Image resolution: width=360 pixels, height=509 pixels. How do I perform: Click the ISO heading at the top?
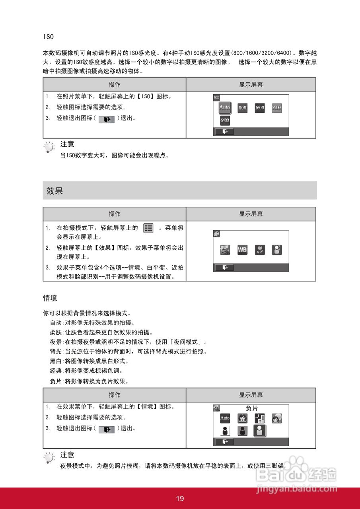48,37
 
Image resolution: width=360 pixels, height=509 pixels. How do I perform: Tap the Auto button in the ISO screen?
225,107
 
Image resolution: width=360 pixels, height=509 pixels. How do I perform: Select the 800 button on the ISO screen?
242,108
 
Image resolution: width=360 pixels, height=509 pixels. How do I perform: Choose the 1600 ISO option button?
259,108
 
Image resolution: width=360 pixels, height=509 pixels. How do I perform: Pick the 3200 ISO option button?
276,108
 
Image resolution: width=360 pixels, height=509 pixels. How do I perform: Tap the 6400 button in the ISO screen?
225,120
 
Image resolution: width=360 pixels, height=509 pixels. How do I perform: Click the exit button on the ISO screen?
225,132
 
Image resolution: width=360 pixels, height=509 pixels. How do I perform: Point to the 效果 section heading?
55,191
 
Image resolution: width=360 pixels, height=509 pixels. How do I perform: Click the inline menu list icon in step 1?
148,228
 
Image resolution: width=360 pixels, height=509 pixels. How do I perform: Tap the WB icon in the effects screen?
242,250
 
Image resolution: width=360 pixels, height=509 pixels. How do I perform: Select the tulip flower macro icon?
259,250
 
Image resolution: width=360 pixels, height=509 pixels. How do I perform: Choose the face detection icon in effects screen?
276,250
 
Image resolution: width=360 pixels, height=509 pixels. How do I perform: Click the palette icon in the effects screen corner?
216,233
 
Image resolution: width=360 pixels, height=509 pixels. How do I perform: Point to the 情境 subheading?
50,298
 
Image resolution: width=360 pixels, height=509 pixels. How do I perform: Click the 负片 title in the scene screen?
252,408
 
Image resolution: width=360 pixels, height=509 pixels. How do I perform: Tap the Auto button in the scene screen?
225,418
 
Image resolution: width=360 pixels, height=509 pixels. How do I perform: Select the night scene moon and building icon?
259,418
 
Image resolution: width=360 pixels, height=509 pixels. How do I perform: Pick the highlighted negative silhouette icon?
260,431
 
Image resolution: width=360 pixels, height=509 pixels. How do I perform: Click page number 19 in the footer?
180,499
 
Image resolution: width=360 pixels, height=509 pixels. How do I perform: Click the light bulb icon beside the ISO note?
49,148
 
